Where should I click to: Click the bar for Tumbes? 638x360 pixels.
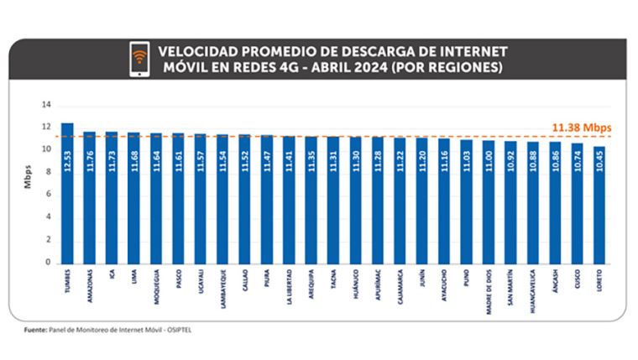click(x=67, y=193)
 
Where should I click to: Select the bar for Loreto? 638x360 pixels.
click(x=597, y=205)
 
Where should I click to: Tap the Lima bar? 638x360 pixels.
click(x=133, y=198)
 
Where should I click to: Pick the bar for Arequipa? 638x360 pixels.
click(x=311, y=200)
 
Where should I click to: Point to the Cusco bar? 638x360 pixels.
click(x=575, y=203)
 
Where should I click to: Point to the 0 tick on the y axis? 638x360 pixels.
click(x=48, y=263)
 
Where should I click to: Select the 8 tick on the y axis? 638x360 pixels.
click(x=48, y=172)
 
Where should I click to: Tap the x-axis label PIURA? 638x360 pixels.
click(x=266, y=280)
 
